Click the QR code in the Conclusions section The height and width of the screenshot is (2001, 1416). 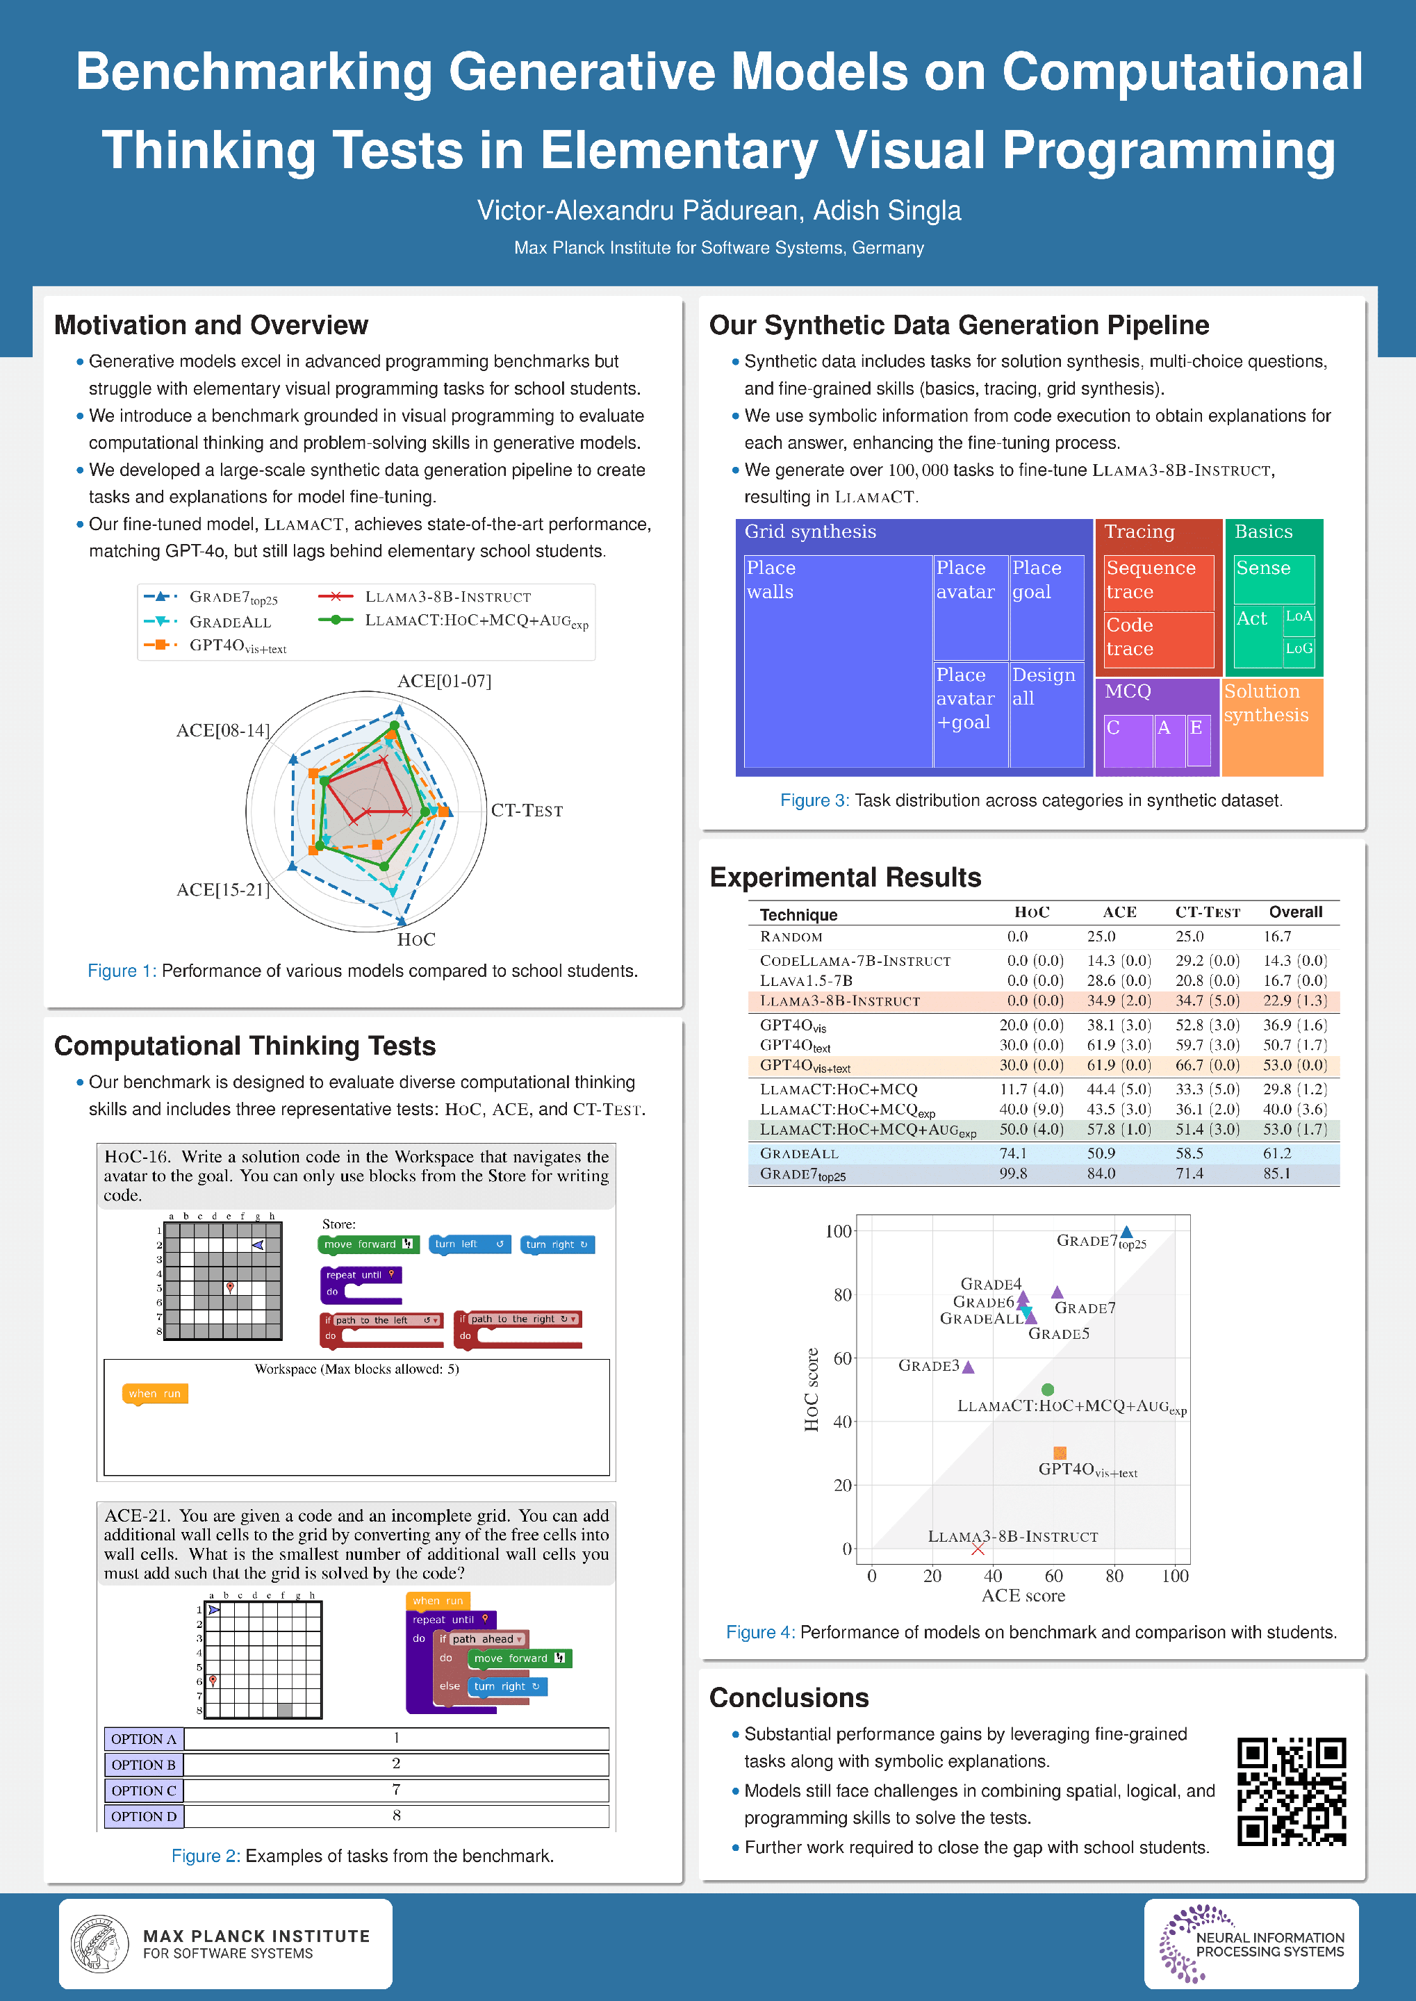[x=1292, y=1792]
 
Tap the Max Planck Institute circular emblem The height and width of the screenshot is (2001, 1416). [x=99, y=1943]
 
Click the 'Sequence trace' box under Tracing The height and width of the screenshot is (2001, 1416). [x=1158, y=581]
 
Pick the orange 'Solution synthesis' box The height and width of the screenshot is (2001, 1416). [x=1271, y=725]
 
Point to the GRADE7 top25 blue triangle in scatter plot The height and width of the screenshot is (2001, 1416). [x=1126, y=1232]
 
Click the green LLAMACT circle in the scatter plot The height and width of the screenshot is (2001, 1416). [x=1047, y=1389]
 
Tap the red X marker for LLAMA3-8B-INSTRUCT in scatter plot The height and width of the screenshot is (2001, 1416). [x=978, y=1549]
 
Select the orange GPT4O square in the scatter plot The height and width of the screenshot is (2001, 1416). [x=1060, y=1453]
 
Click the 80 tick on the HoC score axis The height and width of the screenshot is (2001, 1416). [x=842, y=1295]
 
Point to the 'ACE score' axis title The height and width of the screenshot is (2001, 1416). [x=1023, y=1595]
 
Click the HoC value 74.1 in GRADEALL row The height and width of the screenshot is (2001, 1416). [x=1012, y=1153]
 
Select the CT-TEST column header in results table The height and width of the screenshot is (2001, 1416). [x=1207, y=912]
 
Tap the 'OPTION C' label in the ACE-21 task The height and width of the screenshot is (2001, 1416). [x=144, y=1790]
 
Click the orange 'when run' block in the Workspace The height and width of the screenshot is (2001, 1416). [x=154, y=1393]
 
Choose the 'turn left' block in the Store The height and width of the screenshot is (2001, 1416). [x=468, y=1244]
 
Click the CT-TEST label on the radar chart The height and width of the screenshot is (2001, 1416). [x=527, y=811]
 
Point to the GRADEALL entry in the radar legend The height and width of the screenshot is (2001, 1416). [x=229, y=622]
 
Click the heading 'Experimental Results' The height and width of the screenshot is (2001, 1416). [x=845, y=877]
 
